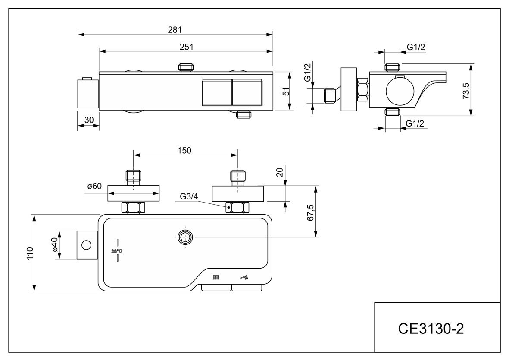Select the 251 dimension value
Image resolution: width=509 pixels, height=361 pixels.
(x=186, y=46)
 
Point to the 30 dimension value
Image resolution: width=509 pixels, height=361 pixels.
(x=89, y=120)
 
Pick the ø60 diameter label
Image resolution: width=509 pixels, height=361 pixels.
(x=94, y=187)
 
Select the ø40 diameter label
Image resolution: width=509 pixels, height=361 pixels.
(x=55, y=245)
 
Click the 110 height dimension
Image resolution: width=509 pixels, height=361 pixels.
(x=29, y=253)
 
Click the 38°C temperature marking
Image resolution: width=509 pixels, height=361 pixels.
(x=117, y=251)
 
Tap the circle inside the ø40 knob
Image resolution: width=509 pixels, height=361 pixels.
(x=86, y=245)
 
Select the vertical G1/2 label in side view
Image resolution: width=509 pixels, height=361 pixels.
(x=307, y=73)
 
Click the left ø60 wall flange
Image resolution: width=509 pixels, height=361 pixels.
(x=133, y=193)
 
